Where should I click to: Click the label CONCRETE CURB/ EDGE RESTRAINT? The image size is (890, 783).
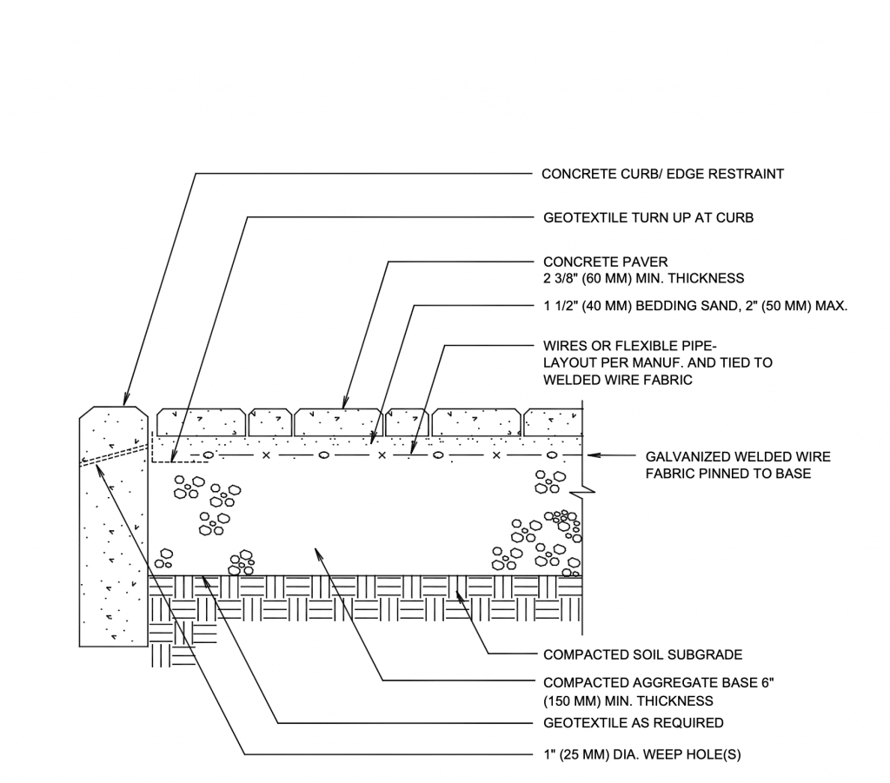662,174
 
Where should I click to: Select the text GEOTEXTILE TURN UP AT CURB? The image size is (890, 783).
648,218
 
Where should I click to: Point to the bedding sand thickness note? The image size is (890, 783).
694,306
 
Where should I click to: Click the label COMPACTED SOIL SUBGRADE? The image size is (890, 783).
642,654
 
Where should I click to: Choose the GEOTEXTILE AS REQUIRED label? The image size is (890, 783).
633,723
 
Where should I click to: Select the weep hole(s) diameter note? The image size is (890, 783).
641,756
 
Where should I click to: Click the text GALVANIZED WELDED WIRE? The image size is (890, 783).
738,456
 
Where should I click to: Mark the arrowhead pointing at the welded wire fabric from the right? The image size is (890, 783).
594,455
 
